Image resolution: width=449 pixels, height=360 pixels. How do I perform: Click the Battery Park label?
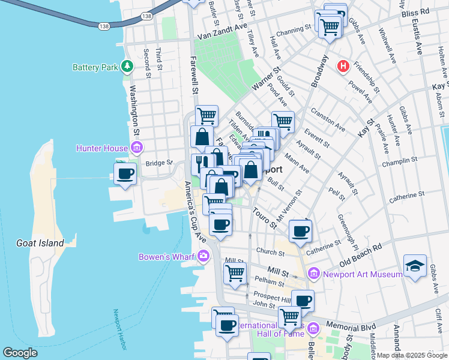point(95,67)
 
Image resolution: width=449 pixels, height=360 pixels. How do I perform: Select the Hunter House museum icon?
point(137,148)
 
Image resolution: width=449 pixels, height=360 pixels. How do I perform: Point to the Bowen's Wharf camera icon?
point(203,257)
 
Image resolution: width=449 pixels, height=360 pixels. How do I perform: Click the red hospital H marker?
point(343,66)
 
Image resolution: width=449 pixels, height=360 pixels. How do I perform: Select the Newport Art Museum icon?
point(313,274)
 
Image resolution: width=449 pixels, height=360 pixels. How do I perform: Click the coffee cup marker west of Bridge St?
point(125,174)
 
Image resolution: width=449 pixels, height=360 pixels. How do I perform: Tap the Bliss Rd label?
point(416,11)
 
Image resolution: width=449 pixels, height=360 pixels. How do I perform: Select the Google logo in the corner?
point(20,353)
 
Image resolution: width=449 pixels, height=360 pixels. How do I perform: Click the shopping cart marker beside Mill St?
point(235,274)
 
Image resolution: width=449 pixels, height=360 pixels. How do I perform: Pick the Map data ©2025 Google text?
point(411,355)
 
